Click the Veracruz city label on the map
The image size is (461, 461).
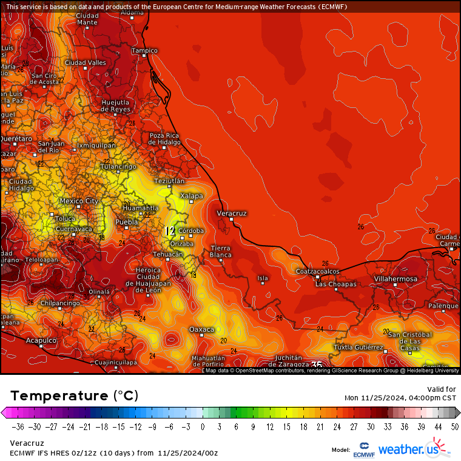232,214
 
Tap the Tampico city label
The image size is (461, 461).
145,50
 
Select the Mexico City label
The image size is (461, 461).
78,201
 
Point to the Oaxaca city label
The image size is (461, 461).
202,329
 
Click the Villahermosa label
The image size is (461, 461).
395,279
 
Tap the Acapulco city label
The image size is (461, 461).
41,341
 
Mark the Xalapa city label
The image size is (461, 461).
191,196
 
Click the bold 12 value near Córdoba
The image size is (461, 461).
170,231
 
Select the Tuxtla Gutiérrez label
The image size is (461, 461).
358,348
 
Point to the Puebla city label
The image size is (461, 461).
127,222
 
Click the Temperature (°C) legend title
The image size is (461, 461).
74,395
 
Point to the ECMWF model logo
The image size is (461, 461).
364,449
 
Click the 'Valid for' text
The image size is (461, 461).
442,389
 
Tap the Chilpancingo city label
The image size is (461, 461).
60,303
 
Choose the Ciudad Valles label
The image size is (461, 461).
85,62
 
